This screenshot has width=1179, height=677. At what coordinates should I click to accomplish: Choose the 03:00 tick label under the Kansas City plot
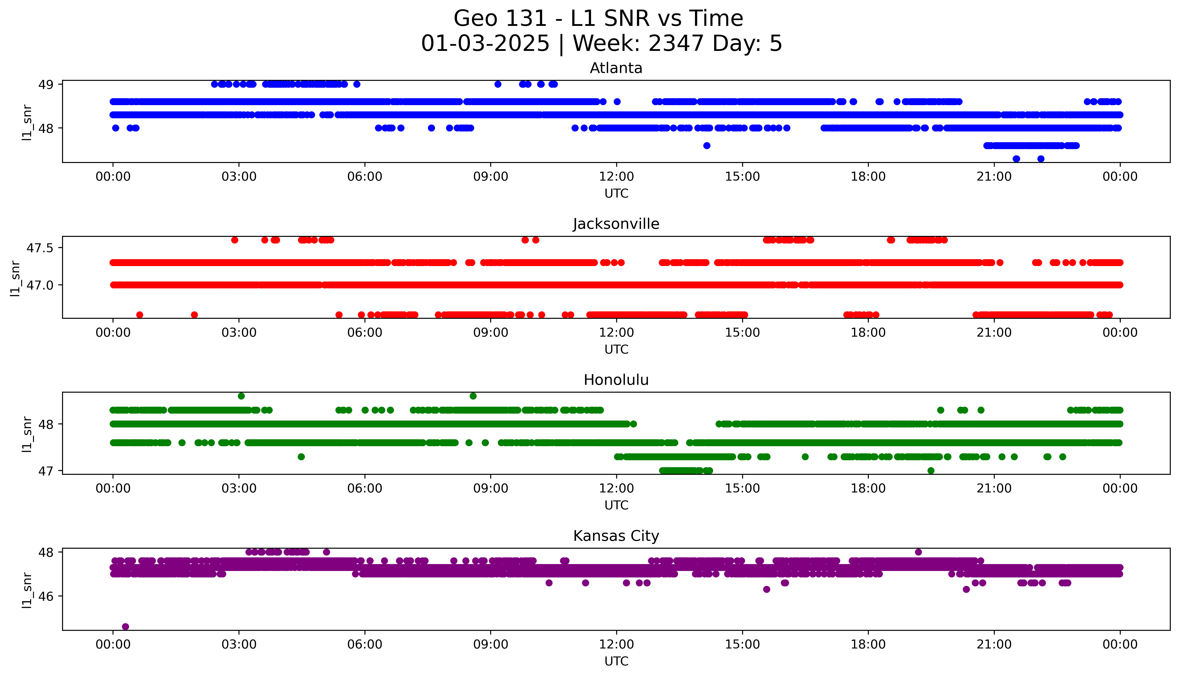(x=239, y=644)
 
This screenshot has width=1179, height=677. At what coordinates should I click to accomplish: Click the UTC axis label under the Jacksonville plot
(x=616, y=349)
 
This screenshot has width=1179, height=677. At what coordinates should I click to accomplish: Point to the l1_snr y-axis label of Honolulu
(x=27, y=434)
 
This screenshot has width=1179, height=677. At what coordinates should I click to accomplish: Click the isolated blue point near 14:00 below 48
(x=706, y=146)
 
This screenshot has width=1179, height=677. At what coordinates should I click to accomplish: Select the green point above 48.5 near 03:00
(x=241, y=396)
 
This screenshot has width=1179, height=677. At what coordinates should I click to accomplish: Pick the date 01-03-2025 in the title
(x=485, y=44)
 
